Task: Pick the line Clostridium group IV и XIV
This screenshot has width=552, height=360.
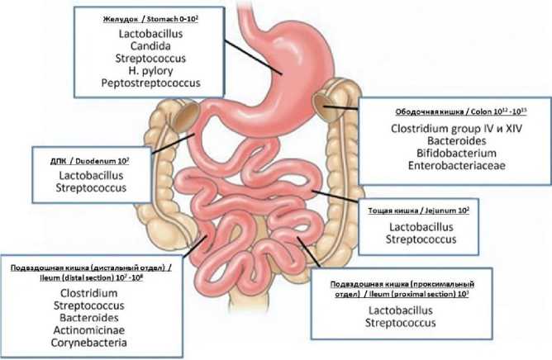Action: coord(451,130)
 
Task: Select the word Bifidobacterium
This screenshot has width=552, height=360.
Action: coord(451,154)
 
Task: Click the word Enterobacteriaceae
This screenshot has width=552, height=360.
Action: coord(451,167)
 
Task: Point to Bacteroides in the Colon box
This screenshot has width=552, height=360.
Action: coord(451,142)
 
